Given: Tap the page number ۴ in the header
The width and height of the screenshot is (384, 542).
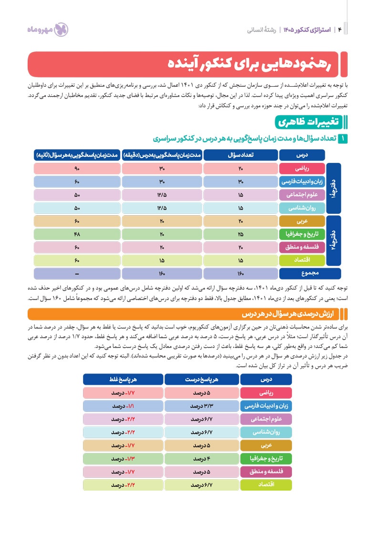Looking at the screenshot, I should pos(340,30).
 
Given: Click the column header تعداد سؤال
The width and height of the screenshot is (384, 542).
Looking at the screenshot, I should pos(241,155).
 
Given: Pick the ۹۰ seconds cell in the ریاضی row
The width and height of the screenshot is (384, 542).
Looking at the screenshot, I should pos(77,169).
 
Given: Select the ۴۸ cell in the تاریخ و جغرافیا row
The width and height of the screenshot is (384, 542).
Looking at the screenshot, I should pos(77,234).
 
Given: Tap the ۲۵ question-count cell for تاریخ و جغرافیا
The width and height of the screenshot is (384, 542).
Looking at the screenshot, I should pos(241,234).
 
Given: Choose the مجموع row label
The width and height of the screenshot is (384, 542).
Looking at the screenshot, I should pos(302,274).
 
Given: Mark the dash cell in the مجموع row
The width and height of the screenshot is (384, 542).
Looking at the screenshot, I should pos(77,274).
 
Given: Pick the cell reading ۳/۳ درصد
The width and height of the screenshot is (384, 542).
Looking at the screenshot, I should pos(201,407).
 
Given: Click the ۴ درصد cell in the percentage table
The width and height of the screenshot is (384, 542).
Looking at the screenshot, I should pos(201,459).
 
